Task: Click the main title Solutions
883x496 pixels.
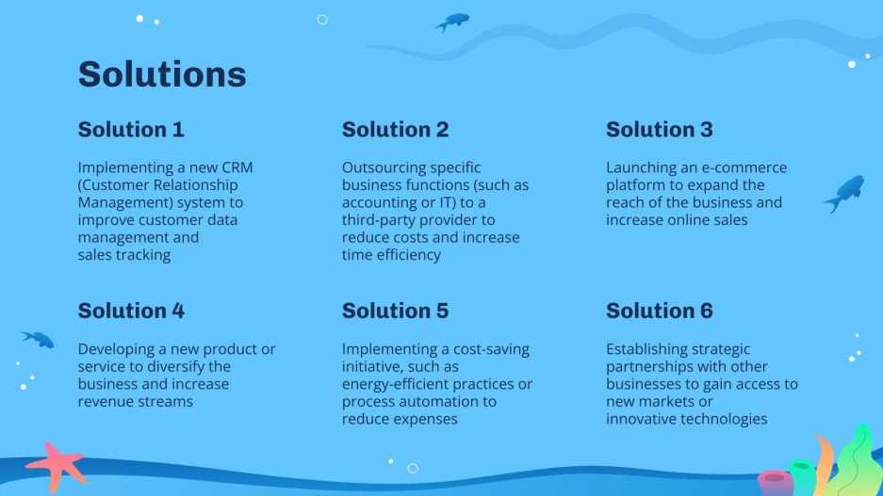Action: pos(161,74)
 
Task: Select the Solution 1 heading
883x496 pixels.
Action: pos(131,130)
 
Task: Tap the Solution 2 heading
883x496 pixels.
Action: pos(395,130)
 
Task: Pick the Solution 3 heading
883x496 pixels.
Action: pos(659,130)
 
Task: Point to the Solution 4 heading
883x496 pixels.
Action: pos(131,311)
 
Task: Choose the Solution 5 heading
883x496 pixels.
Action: pos(395,311)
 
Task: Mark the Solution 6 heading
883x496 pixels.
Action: pos(659,311)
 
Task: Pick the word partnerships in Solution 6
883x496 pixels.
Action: pos(654,366)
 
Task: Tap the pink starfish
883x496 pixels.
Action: pos(56,465)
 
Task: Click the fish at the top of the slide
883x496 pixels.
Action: pos(453,22)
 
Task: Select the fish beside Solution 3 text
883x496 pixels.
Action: pos(845,192)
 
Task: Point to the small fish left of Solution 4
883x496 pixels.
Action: pos(39,338)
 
